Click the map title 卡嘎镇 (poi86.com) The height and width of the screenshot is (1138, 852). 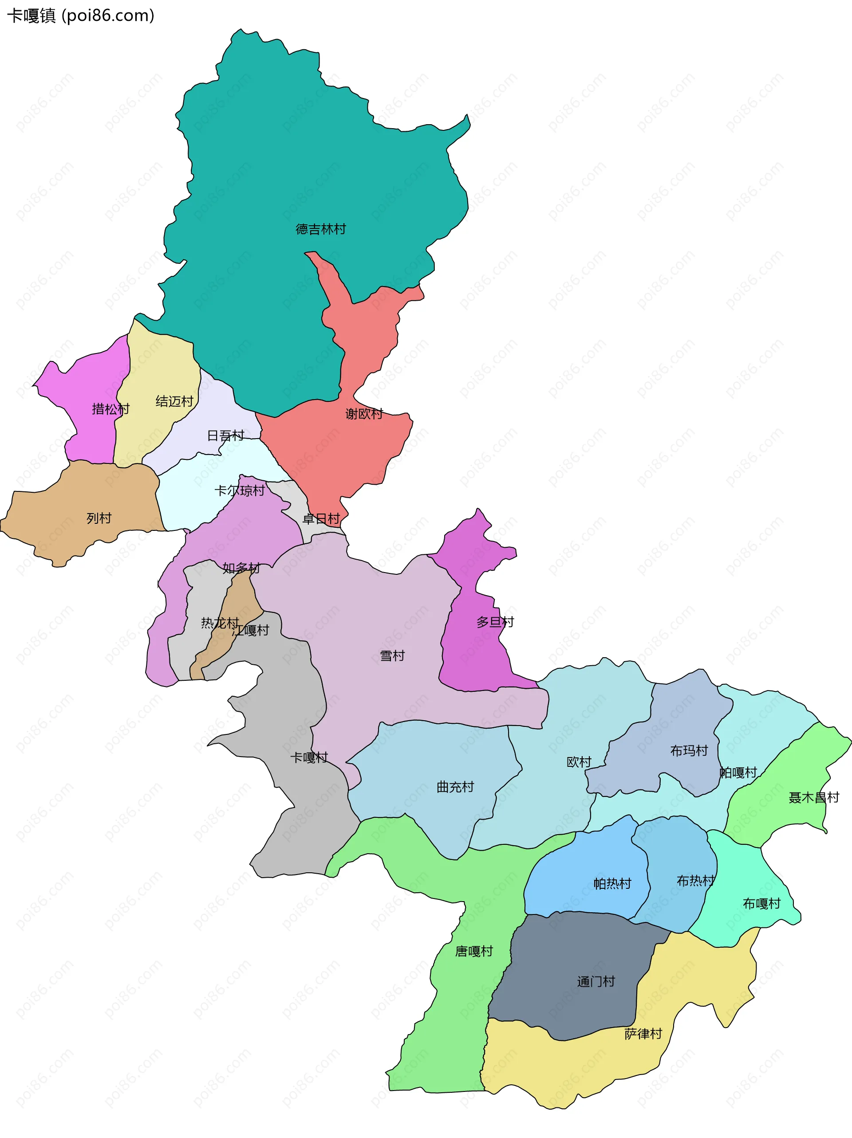pyautogui.click(x=81, y=16)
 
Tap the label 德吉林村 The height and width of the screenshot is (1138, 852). pyautogui.click(x=321, y=229)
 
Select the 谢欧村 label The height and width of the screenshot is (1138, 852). pyautogui.click(x=364, y=414)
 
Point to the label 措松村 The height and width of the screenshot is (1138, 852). pyautogui.click(x=110, y=409)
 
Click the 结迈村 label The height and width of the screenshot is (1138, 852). pyautogui.click(x=174, y=401)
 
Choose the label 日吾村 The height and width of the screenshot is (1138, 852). pyautogui.click(x=225, y=436)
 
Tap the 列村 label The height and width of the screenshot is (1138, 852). pyautogui.click(x=99, y=518)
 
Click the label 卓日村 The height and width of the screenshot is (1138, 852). pyautogui.click(x=321, y=518)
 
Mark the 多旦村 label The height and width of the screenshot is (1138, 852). pyautogui.click(x=495, y=622)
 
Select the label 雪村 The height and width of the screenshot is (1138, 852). pyautogui.click(x=392, y=656)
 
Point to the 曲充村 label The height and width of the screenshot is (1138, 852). pyautogui.click(x=455, y=787)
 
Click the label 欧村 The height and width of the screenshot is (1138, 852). pyautogui.click(x=579, y=762)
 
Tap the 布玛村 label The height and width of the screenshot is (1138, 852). pyautogui.click(x=689, y=750)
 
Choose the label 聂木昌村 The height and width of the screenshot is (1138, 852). pyautogui.click(x=814, y=797)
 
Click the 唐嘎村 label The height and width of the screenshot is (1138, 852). pyautogui.click(x=474, y=951)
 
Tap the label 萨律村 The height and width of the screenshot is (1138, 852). pyautogui.click(x=643, y=1034)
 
